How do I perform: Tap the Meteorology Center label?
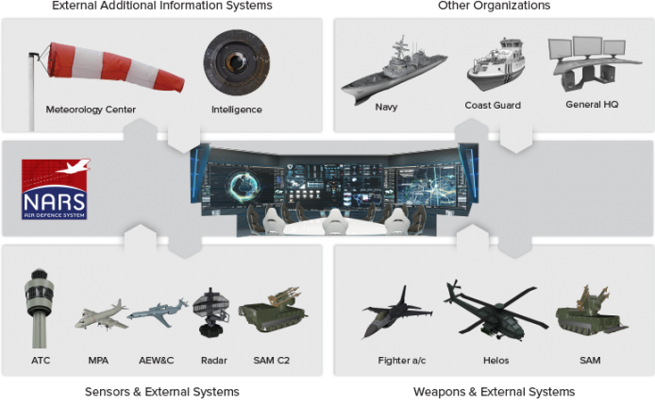pos(91,110)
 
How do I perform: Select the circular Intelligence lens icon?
pos(237,62)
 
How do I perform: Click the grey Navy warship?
pos(394,70)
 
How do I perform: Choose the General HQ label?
pos(592,105)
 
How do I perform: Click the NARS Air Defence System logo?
pos(55,189)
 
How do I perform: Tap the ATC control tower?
pos(40,308)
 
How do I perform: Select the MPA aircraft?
pos(102,315)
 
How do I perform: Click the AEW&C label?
pos(157,360)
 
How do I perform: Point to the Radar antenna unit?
pos(211,313)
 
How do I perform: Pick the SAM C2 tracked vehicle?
pos(273,311)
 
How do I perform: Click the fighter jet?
pos(396,312)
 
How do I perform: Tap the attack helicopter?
pos(495,311)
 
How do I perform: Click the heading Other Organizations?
pos(494,6)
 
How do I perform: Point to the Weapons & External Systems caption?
pos(495,392)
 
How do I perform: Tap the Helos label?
pos(495,360)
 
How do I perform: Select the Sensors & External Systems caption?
pos(162,392)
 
